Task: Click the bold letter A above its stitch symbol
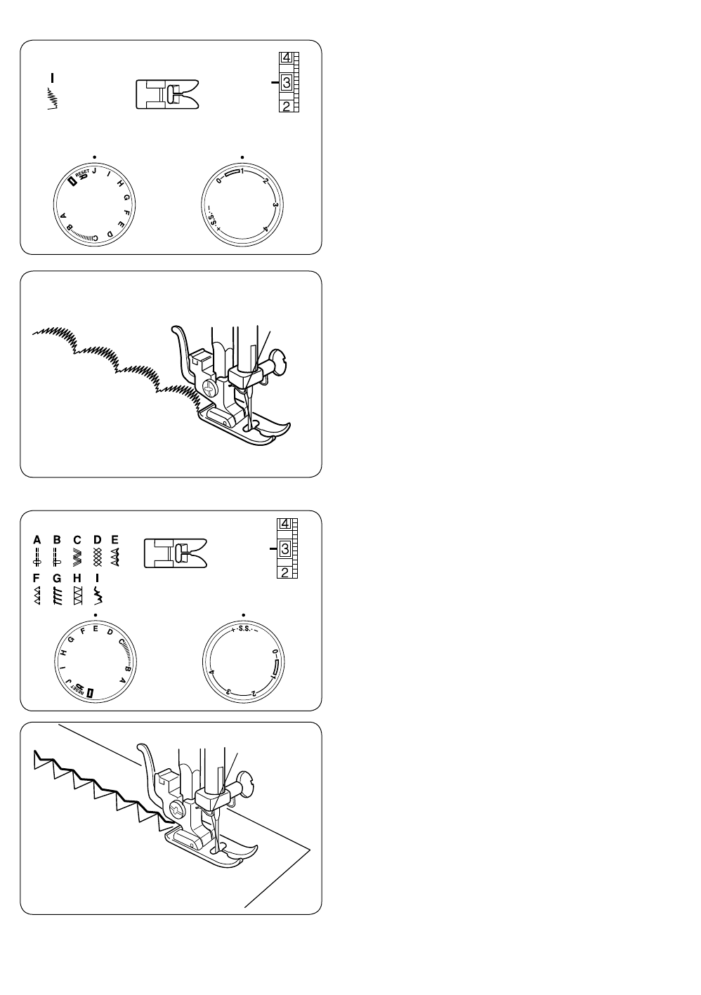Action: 37,540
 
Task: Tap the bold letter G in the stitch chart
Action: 57,579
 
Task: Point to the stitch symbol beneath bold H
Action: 78,596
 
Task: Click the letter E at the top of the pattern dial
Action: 96,628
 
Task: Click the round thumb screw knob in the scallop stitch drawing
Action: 281,364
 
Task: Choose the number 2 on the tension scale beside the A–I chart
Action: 285,572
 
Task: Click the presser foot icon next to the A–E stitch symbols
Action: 175,553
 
